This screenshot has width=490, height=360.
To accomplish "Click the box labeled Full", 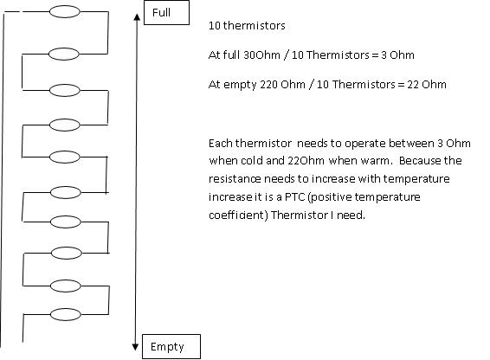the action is click(x=166, y=12).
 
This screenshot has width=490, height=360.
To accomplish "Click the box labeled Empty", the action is click(x=171, y=346).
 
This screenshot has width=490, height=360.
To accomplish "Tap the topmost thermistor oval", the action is click(x=65, y=11).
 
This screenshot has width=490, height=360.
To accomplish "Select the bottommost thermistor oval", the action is click(x=66, y=314).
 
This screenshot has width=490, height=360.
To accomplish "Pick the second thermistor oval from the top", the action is click(x=64, y=54).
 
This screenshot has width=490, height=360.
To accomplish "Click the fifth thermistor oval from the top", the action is click(x=65, y=157).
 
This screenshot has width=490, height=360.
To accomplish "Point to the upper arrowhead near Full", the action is click(x=137, y=17).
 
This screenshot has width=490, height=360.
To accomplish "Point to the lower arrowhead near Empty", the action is click(x=135, y=347).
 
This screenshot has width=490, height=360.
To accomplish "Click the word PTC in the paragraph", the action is click(x=294, y=197).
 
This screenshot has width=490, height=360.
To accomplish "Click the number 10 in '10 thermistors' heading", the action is click(x=215, y=26).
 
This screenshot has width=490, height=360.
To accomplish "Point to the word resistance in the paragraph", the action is click(x=235, y=179).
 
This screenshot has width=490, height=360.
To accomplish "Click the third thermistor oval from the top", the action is click(x=65, y=90).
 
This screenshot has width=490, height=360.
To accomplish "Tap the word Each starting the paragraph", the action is click(x=221, y=144).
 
